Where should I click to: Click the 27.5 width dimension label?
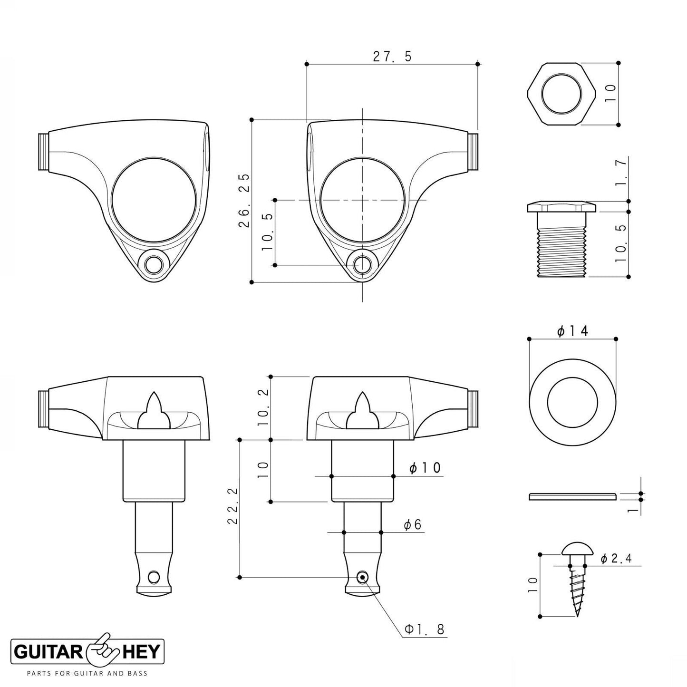392,57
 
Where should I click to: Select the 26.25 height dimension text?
244,201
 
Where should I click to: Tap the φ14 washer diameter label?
572,330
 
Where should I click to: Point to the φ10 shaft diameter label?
425,468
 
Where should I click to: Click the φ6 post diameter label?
412,524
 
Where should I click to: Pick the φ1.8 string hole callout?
424,629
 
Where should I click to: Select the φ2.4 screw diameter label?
616,559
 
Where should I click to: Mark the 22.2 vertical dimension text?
232,505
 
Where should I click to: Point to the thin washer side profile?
572,496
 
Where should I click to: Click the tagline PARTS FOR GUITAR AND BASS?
87,673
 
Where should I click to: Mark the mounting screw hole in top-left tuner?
154,265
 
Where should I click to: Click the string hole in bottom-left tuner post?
153,577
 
